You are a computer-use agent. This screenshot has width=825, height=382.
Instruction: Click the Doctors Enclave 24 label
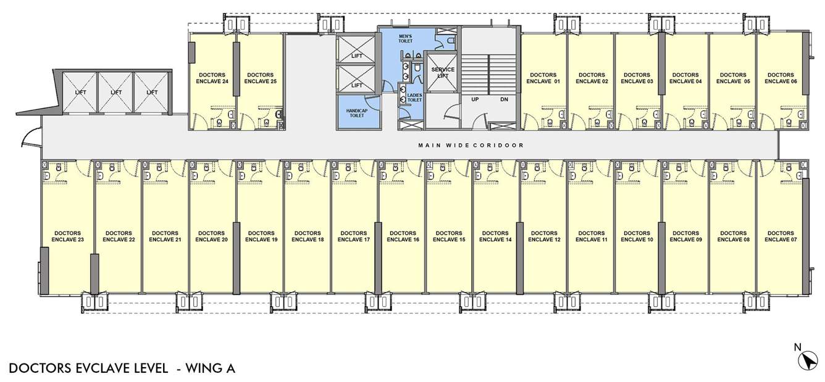212,78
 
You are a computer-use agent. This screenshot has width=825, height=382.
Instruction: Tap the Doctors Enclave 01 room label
543,78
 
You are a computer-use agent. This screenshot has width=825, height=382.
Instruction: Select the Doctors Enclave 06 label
780,78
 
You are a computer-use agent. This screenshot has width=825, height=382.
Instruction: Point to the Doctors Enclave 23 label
67,236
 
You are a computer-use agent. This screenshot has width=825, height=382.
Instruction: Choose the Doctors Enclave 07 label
780,236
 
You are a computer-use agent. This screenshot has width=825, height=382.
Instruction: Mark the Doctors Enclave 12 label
544,236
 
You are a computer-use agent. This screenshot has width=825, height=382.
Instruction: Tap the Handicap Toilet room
356,111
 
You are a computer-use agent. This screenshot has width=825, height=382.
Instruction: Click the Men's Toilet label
406,40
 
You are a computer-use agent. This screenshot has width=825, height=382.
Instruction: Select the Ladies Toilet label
414,98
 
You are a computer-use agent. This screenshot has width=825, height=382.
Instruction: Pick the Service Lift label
443,73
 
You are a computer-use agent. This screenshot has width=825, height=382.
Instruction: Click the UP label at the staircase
475,99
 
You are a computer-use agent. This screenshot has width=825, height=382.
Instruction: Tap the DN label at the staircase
504,99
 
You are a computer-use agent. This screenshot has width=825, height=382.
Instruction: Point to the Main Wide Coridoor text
471,146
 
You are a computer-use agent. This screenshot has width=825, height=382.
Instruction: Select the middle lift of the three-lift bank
116,93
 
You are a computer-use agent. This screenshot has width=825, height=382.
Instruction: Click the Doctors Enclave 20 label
212,236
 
